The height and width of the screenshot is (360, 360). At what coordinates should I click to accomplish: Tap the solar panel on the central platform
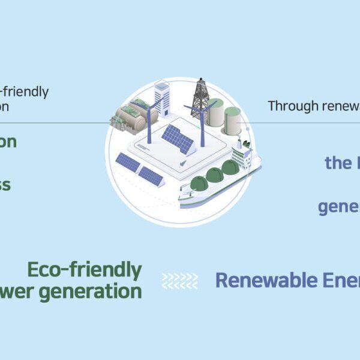pos(178,139)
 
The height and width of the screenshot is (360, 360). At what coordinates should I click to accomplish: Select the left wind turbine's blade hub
pos(146,107)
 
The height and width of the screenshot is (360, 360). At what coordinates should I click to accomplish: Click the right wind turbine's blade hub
pos(202,107)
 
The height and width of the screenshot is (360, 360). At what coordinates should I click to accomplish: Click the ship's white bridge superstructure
pos(243,157)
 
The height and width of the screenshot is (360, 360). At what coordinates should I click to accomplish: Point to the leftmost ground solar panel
pos(128,161)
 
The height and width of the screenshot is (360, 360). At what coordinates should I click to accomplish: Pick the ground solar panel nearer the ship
pos(151,175)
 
